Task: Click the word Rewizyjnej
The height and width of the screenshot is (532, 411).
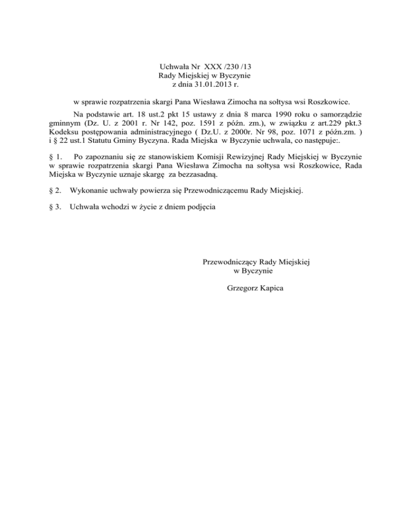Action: [235, 157]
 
